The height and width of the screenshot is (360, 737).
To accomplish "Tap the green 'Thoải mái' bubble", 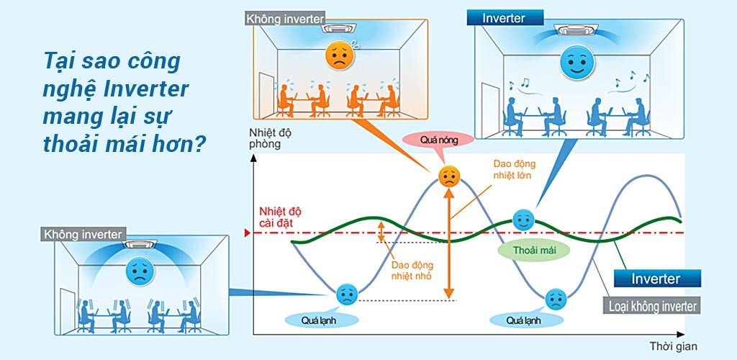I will (x=532, y=250).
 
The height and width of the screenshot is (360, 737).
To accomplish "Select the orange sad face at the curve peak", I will (x=448, y=177).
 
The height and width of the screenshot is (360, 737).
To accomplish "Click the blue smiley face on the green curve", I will (x=523, y=218).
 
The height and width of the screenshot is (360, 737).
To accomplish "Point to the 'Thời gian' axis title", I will (x=672, y=346).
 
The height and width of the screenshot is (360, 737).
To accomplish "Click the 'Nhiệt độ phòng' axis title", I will (x=271, y=138).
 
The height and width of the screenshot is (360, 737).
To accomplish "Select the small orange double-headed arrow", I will (x=382, y=232).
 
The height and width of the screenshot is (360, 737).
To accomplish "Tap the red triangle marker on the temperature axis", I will (x=246, y=233).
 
